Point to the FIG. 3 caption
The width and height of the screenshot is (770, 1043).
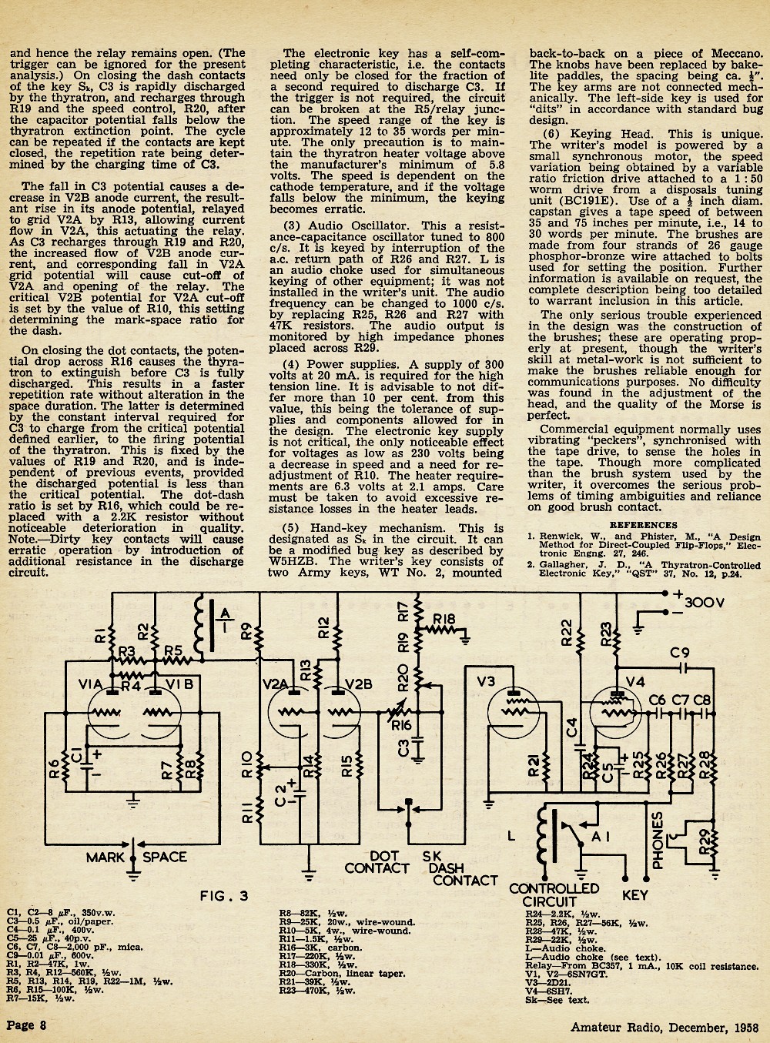pos(224,896)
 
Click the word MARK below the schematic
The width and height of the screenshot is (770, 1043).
pos(105,857)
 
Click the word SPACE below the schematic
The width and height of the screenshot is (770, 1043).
pos(164,857)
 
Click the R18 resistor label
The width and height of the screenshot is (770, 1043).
pos(444,620)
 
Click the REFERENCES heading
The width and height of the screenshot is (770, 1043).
pos(643,525)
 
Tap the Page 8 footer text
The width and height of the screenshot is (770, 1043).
pos(26,1025)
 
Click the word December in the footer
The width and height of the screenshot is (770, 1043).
pos(698,1028)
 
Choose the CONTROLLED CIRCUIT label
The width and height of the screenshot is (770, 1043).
pos(554,895)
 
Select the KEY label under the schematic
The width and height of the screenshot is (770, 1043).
pos(635,895)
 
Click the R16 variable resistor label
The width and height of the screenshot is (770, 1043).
pos(400,726)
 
